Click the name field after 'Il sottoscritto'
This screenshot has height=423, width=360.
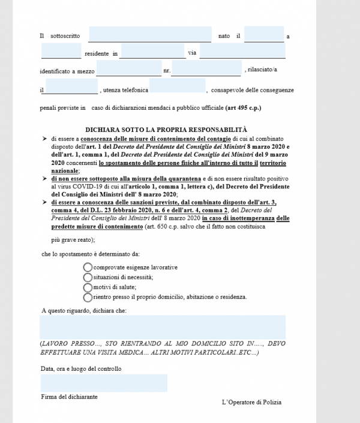150,35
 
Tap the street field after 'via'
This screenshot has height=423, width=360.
243,52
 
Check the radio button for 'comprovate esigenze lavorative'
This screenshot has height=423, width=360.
88,266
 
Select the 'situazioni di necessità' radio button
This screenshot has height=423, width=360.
88,277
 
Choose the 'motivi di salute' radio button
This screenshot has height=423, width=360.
88,287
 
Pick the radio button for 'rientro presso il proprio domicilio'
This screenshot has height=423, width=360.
88,296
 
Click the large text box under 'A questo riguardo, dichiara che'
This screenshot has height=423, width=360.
162,327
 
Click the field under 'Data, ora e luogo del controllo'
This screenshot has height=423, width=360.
104,383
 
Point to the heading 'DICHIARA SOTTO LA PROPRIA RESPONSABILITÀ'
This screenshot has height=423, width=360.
166,129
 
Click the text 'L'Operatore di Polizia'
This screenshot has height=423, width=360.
251,402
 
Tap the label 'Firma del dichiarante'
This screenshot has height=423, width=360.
69,397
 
